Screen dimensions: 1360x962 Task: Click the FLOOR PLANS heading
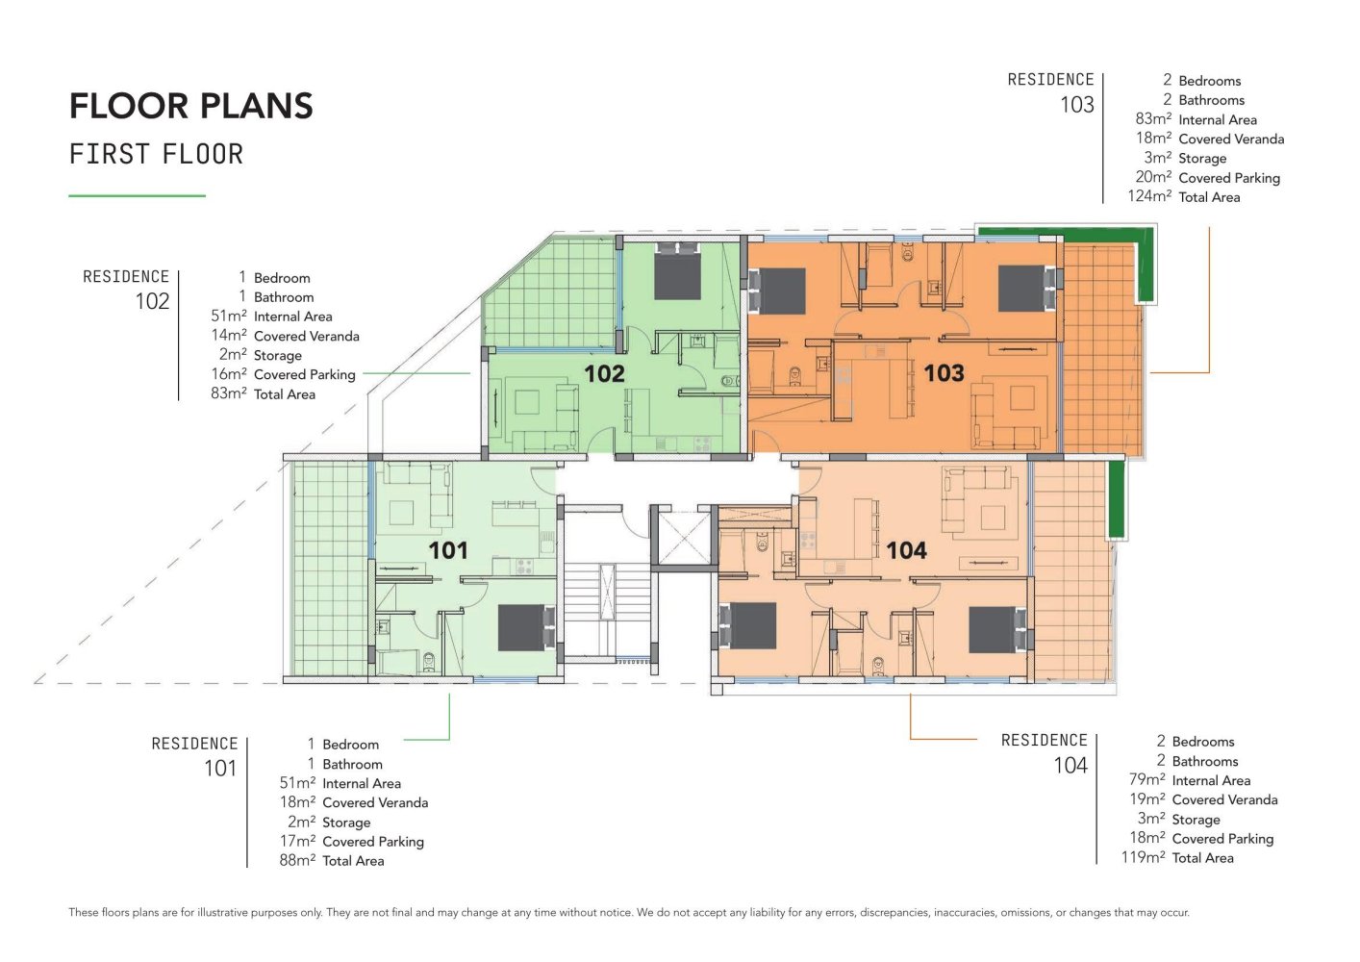[x=191, y=106]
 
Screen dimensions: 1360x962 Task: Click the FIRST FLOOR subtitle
[x=156, y=154]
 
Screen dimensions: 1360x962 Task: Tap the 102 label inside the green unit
[x=604, y=373]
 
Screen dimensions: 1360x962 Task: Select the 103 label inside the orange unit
[x=944, y=373]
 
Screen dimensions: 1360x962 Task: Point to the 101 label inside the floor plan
[x=448, y=550]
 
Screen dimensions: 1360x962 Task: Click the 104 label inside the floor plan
[x=906, y=550]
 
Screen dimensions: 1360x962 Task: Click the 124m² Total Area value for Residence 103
[x=1150, y=196]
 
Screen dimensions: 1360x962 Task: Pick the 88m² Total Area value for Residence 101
[x=297, y=860]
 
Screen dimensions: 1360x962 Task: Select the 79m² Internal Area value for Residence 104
[x=1146, y=779]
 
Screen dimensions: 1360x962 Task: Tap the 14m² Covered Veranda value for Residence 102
[x=229, y=335]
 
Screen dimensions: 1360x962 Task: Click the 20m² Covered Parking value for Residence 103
[x=1153, y=177]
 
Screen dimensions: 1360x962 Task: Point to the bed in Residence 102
[x=677, y=271]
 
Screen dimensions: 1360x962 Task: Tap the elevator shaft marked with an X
[x=684, y=538]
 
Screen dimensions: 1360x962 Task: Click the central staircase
[x=607, y=609]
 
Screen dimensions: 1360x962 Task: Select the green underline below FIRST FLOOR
[x=138, y=195]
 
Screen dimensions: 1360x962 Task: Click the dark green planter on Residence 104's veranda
[x=1116, y=498]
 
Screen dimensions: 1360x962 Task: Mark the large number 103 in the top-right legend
[x=1077, y=105]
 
